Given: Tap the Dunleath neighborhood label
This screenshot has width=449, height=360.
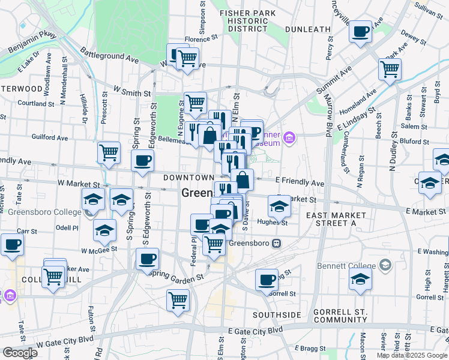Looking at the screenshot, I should click(x=308, y=28).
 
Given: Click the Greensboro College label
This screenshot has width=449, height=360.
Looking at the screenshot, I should click(x=41, y=212).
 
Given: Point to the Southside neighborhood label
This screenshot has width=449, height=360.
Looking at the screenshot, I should click(x=277, y=315).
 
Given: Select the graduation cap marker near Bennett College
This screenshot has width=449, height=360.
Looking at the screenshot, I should click(x=360, y=279).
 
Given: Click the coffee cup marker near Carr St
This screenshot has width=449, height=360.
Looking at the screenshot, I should click(x=12, y=244).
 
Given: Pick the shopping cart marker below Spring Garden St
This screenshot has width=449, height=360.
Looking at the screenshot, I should click(x=178, y=299).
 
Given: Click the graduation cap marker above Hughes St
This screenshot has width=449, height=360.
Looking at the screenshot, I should click(x=279, y=206).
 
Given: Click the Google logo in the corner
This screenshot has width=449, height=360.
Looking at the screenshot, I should click(x=20, y=352).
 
